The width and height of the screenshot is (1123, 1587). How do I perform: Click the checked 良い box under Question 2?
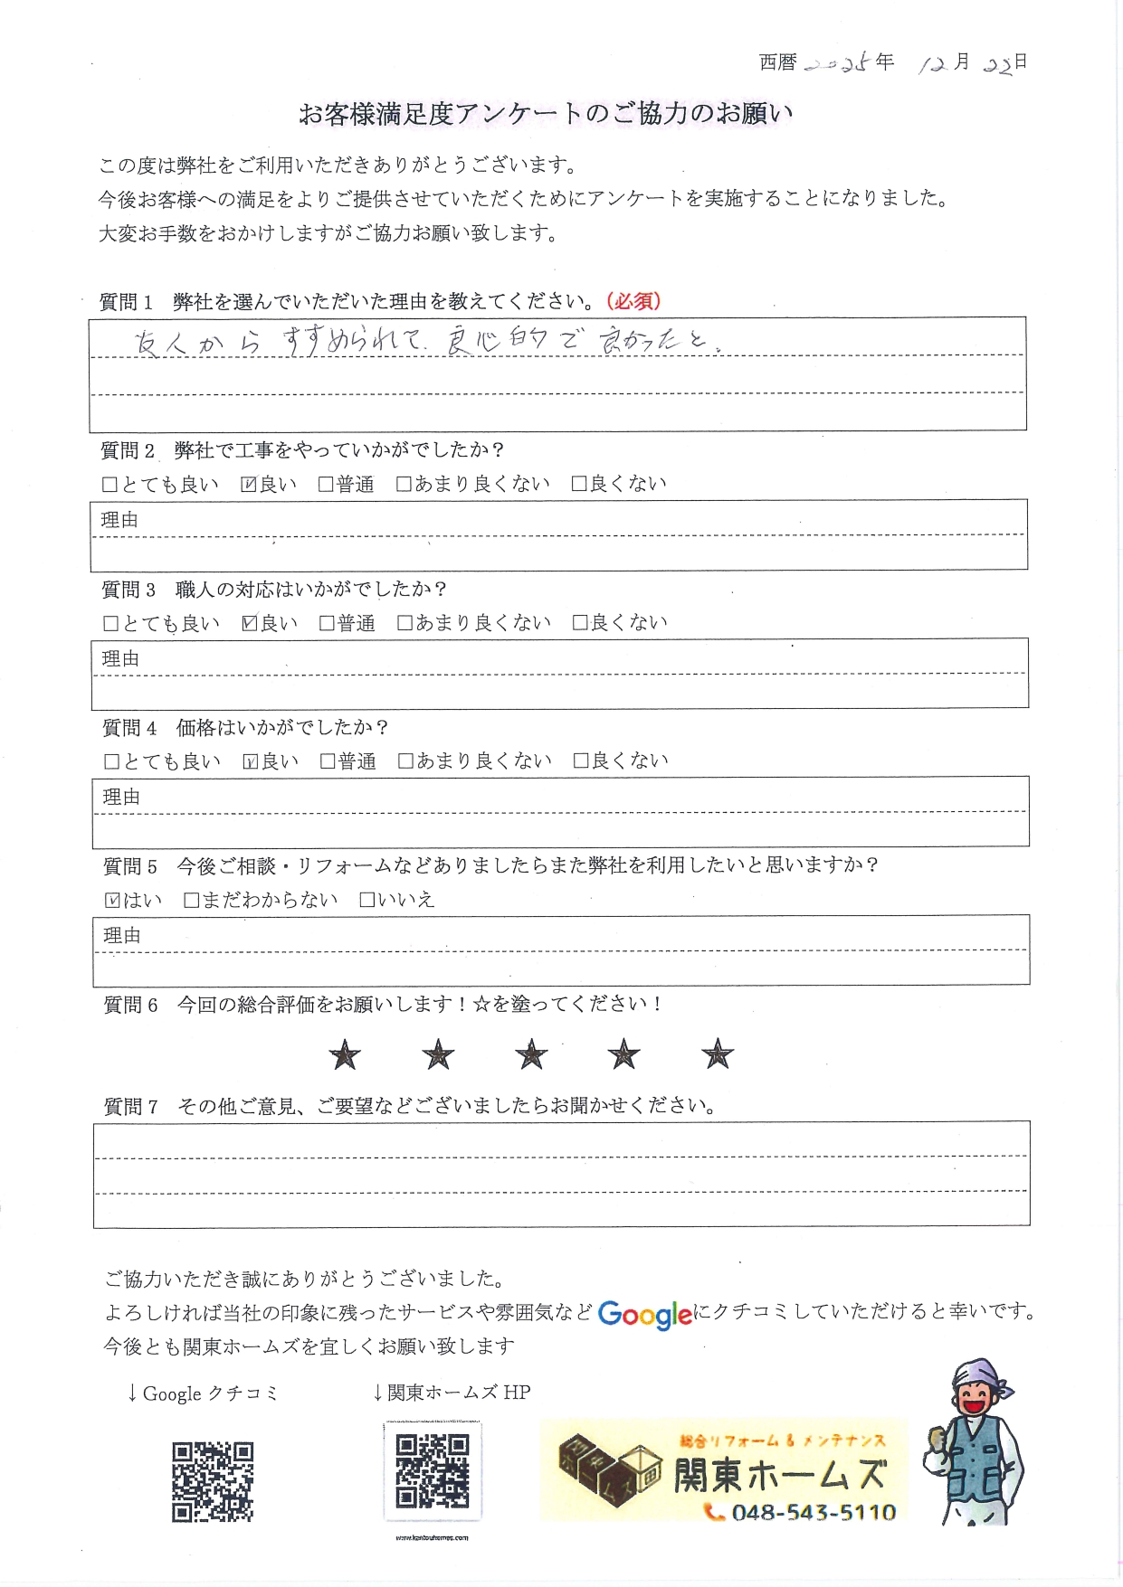pos(249,485)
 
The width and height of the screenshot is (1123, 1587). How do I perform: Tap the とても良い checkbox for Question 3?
pos(111,623)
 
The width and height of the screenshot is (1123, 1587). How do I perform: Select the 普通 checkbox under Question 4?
pos(328,761)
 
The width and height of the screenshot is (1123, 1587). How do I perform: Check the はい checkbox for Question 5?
pos(112,900)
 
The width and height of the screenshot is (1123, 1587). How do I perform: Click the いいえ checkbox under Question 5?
pos(367,900)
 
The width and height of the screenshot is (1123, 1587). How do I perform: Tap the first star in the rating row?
pos(345,1054)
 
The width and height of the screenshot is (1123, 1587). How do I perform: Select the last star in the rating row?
pos(718,1054)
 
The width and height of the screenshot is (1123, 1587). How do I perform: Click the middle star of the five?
pos(531,1054)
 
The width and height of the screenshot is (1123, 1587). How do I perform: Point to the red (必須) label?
pos(634,301)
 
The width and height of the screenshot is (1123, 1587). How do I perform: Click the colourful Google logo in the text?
pos(645,1314)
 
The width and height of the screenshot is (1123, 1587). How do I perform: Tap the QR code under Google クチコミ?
pos(213,1481)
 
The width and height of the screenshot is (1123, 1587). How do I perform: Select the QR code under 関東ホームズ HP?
pos(433,1471)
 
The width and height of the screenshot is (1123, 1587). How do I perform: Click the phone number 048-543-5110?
pos(814,1512)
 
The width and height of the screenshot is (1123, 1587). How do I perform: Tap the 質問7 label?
pos(131,1106)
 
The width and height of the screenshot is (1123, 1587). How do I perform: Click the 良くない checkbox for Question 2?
pos(579,485)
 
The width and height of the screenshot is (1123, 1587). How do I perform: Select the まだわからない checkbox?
pos(192,900)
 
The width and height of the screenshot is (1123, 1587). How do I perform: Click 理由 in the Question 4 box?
pos(122,797)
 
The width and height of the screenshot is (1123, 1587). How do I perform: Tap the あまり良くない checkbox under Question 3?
pos(404,623)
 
